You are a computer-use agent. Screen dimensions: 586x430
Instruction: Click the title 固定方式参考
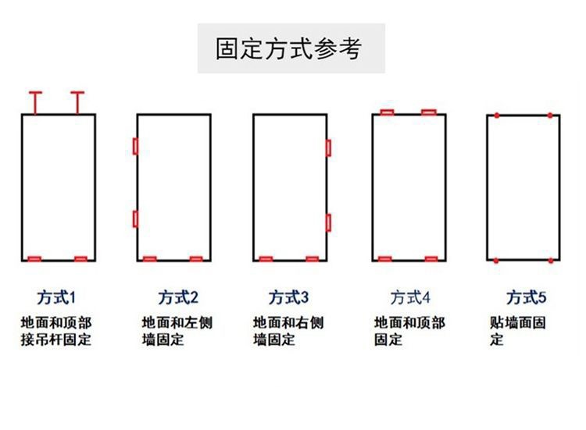point(289,48)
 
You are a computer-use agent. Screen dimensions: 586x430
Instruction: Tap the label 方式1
point(58,297)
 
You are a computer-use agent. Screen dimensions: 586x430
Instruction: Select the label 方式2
point(178,297)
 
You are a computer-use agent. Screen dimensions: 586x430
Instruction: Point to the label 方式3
point(289,297)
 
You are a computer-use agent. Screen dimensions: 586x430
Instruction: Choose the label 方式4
point(410,297)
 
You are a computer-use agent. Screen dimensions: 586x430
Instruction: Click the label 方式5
point(527,297)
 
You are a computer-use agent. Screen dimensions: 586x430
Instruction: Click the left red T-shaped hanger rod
point(35,101)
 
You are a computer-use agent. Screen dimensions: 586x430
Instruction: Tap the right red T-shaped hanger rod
point(77,101)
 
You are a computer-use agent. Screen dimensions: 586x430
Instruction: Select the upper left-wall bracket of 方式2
point(135,147)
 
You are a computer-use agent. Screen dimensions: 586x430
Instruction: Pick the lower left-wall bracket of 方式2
point(135,219)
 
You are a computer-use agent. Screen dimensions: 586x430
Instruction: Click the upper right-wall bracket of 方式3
point(329,147)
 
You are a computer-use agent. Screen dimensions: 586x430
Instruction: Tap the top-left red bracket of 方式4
point(386,112)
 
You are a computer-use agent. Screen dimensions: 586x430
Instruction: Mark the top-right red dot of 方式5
point(550,115)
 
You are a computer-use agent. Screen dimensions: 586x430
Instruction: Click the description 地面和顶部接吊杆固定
point(56,331)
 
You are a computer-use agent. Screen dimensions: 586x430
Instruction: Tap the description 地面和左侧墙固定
point(177,331)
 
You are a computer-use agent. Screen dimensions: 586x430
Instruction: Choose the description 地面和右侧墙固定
point(288,331)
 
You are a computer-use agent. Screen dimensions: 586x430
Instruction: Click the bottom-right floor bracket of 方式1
point(80,258)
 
